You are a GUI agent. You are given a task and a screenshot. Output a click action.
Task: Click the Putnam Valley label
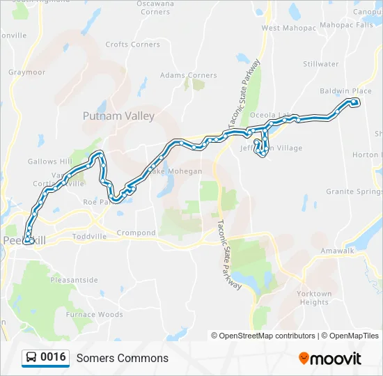click(118, 116)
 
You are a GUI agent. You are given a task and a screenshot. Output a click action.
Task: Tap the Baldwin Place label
click(345, 91)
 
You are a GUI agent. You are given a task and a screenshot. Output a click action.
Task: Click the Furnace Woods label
click(94, 315)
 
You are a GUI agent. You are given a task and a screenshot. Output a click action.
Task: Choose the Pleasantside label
click(75, 280)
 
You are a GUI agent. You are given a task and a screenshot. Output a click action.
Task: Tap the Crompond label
click(136, 233)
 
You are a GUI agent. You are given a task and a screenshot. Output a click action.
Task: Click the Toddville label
click(89, 236)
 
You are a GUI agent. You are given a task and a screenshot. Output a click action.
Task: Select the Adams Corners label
click(188, 75)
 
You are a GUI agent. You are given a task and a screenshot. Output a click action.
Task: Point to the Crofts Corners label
click(132, 45)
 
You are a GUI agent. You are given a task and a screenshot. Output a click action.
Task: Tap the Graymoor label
click(26, 72)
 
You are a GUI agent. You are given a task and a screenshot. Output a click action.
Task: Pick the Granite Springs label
click(354, 191)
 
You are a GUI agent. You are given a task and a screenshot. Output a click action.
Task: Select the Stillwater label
click(321, 64)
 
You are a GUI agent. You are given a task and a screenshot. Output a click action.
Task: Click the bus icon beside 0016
click(31, 358)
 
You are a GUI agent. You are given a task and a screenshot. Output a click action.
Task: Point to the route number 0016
click(53, 358)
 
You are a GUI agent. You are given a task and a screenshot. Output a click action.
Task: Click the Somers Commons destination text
click(123, 359)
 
